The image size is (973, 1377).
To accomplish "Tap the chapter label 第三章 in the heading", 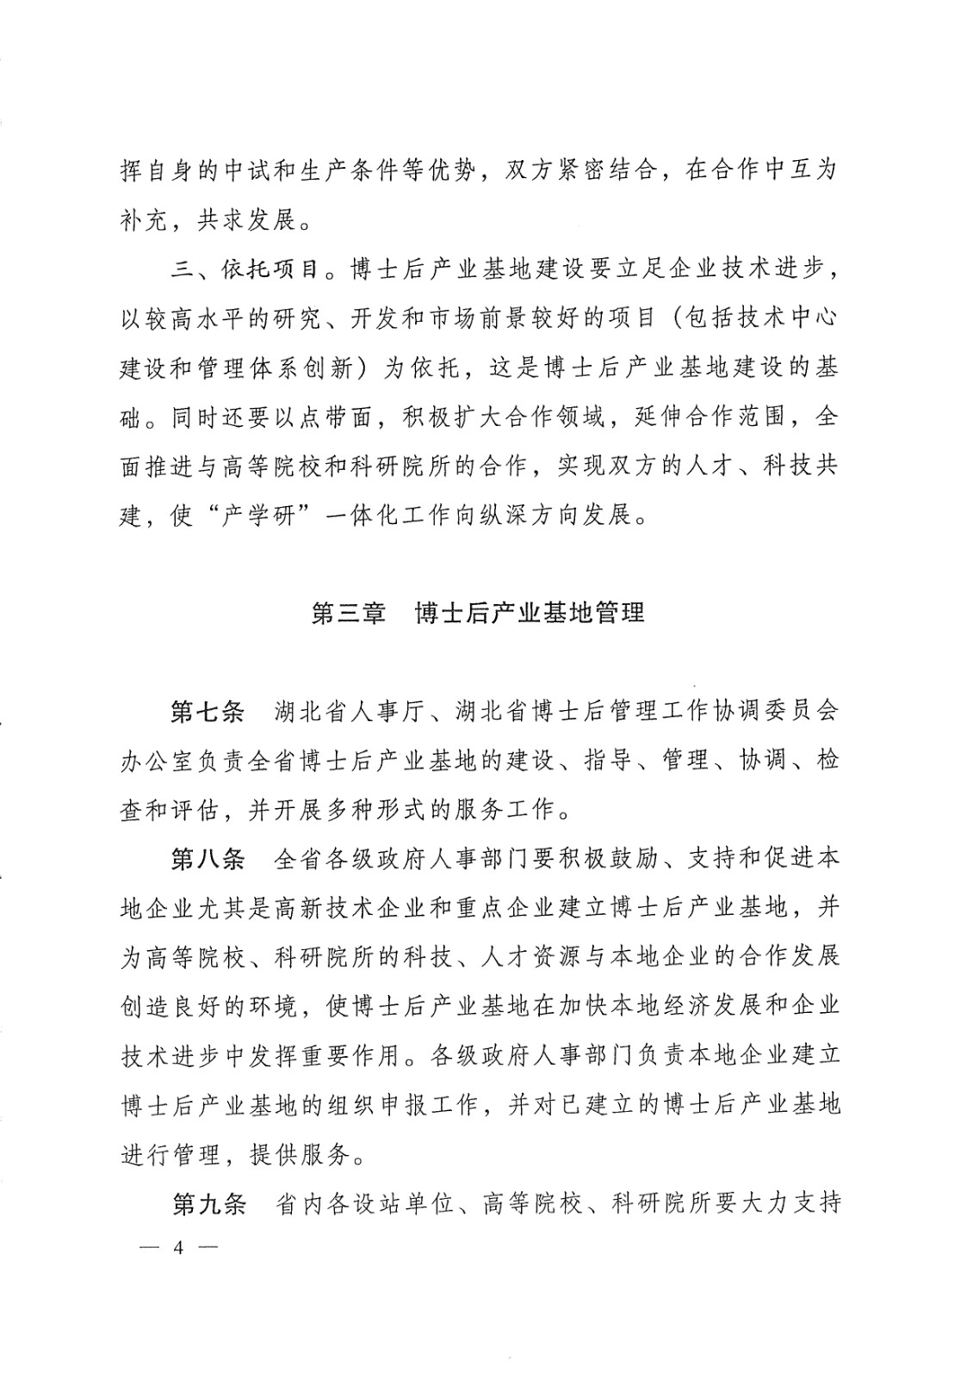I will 349,614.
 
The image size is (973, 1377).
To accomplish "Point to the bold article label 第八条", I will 208,859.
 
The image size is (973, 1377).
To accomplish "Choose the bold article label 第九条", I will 208,1202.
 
